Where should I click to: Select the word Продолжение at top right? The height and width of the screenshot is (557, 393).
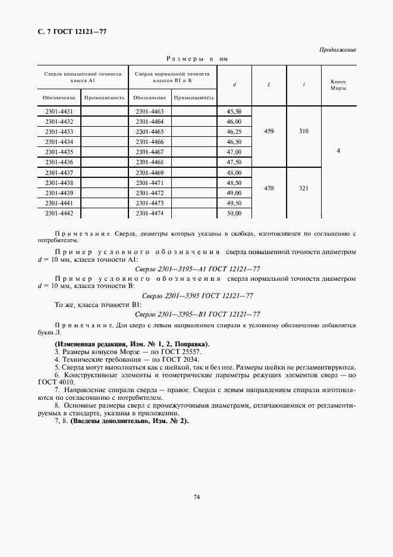[x=337, y=49]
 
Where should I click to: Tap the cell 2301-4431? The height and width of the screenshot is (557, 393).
[x=59, y=111]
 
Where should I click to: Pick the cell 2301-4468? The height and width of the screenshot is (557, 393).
[x=149, y=162]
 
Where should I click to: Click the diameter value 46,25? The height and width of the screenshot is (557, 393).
[x=234, y=132]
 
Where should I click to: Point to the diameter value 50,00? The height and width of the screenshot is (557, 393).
[x=234, y=212]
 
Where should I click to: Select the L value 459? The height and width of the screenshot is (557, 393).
[x=269, y=132]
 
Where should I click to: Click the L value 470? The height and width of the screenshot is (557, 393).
[x=269, y=187]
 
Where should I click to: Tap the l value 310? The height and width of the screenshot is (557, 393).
[x=304, y=132]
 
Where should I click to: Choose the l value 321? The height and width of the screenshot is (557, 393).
[x=304, y=187]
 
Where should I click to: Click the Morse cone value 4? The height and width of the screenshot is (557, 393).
[x=338, y=151]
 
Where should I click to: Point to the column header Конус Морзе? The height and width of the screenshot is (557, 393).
[x=338, y=85]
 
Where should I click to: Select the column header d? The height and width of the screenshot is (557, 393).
[x=234, y=85]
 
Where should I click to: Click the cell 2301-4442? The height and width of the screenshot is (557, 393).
[x=59, y=212]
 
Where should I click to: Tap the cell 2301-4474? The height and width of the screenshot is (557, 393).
[x=149, y=212]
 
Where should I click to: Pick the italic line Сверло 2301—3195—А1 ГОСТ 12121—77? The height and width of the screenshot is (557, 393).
[x=197, y=269]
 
